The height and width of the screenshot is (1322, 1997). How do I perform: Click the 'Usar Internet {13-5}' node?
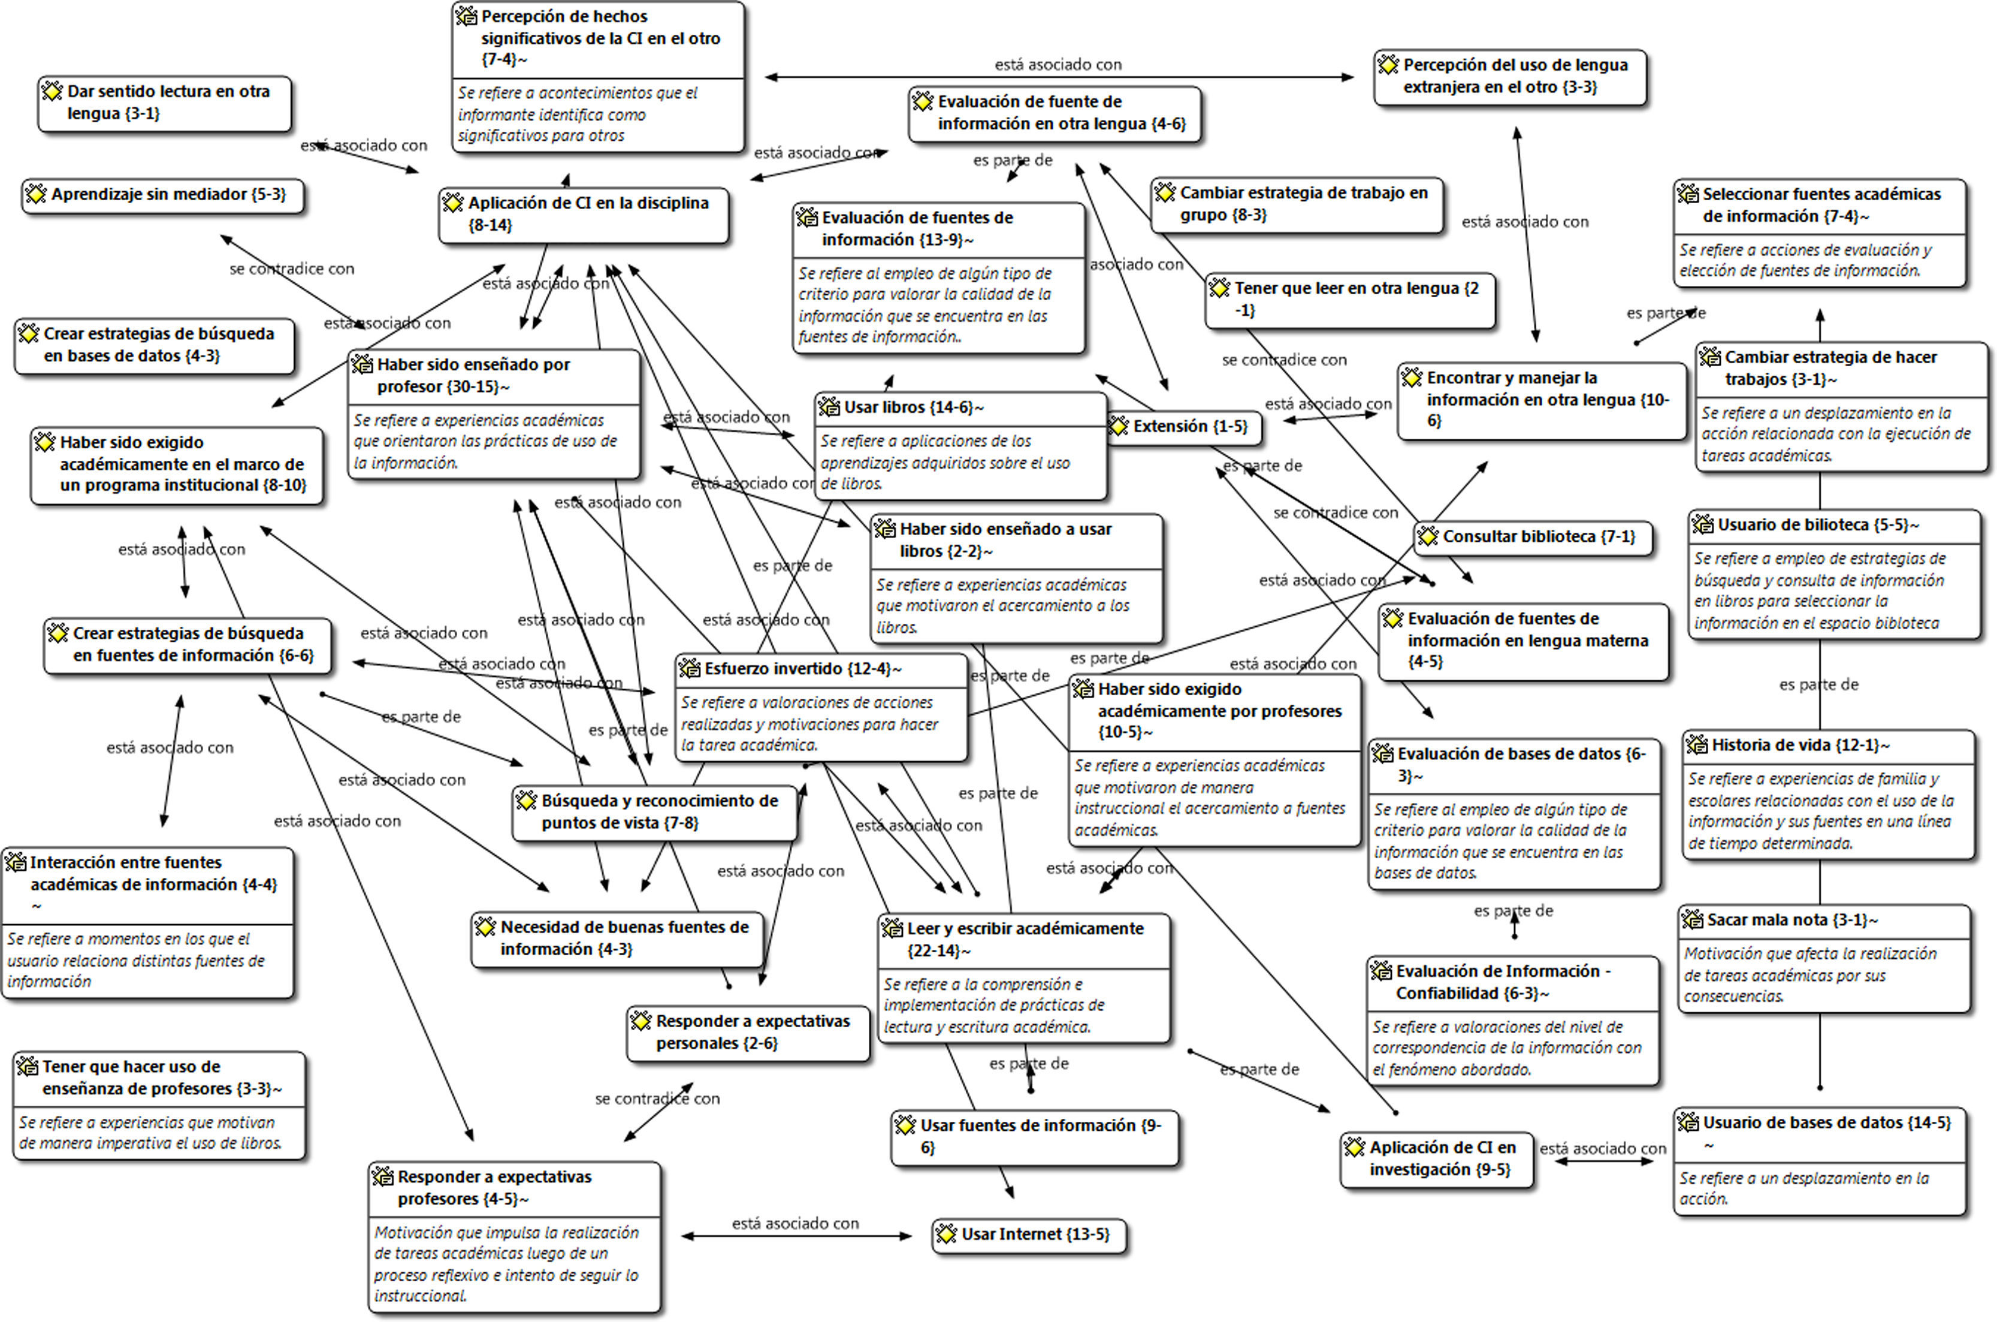point(1029,1235)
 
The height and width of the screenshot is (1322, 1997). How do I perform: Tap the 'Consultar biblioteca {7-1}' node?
point(1533,537)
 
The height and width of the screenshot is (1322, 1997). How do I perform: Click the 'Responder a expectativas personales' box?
point(748,1032)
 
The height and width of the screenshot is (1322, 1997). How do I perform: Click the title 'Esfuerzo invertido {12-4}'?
point(802,669)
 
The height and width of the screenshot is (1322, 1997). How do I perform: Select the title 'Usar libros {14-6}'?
point(914,408)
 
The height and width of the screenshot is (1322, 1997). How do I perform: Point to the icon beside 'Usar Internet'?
point(946,1235)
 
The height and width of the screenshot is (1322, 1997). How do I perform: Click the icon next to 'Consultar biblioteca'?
point(1427,537)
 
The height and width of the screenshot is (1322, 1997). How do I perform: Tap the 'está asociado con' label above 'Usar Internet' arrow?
point(795,1223)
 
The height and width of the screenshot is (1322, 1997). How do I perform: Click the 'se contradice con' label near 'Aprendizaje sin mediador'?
point(292,269)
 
